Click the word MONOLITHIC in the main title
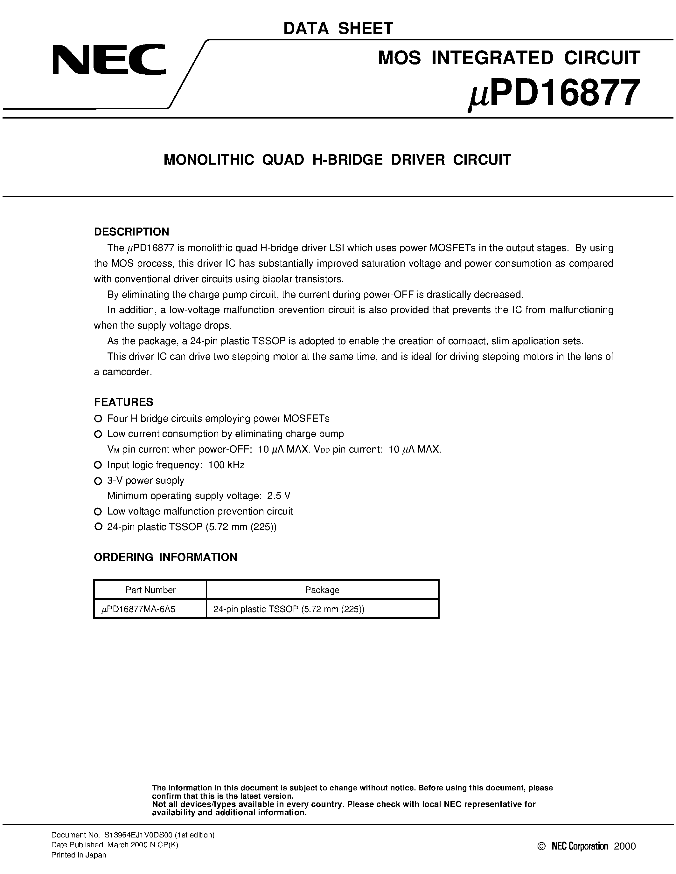tap(209, 160)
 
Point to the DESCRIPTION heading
tap(131, 232)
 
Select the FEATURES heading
tap(123, 402)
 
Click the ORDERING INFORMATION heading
tap(165, 557)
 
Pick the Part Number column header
tap(150, 590)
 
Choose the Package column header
tap(322, 590)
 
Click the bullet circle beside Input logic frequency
tap(98, 465)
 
